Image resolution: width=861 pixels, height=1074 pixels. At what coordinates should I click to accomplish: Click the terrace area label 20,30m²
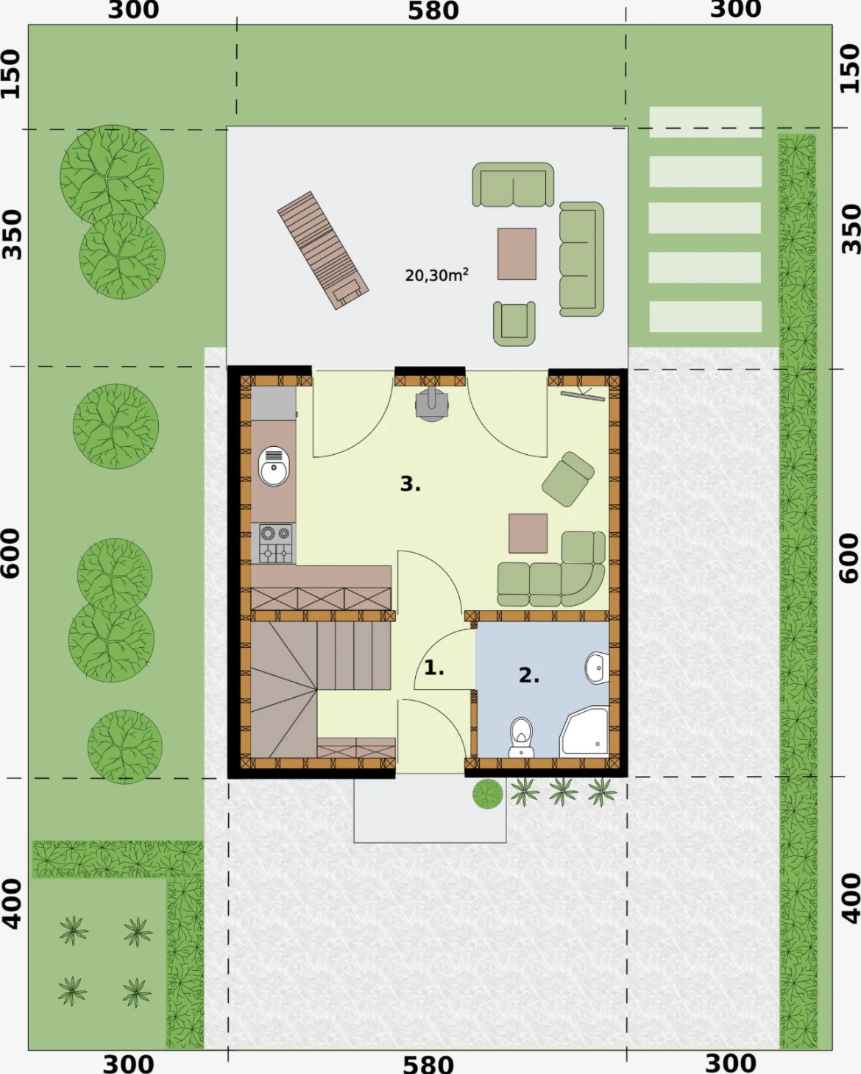(x=436, y=275)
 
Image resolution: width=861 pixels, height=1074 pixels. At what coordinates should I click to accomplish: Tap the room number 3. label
(x=411, y=484)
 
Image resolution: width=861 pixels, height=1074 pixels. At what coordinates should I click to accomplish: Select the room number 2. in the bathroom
(x=529, y=676)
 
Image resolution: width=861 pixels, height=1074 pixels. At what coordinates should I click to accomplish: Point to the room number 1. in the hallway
(x=433, y=668)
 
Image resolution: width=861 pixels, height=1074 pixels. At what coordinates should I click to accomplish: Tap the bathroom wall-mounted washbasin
(x=597, y=668)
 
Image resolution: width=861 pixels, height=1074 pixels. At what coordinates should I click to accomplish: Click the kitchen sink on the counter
(x=273, y=466)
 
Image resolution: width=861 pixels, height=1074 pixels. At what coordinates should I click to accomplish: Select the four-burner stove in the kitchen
(x=276, y=543)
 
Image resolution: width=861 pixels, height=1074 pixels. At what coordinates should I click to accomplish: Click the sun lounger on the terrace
(x=323, y=250)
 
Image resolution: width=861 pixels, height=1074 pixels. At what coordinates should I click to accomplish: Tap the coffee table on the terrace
(x=517, y=254)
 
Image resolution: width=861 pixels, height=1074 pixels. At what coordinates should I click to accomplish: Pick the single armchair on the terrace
(x=514, y=323)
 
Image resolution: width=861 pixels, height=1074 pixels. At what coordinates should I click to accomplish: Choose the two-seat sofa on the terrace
(x=513, y=184)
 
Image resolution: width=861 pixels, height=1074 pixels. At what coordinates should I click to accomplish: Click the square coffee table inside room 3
(x=528, y=534)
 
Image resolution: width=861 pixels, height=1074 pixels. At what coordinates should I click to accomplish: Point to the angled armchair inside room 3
(x=567, y=479)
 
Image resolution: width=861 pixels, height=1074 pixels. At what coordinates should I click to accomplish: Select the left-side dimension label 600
(x=11, y=554)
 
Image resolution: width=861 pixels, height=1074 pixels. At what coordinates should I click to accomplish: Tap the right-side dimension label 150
(x=850, y=69)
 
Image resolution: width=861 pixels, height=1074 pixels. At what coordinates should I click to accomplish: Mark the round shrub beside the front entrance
(x=488, y=794)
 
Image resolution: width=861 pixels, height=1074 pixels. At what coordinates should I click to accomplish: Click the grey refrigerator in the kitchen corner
(x=273, y=403)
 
